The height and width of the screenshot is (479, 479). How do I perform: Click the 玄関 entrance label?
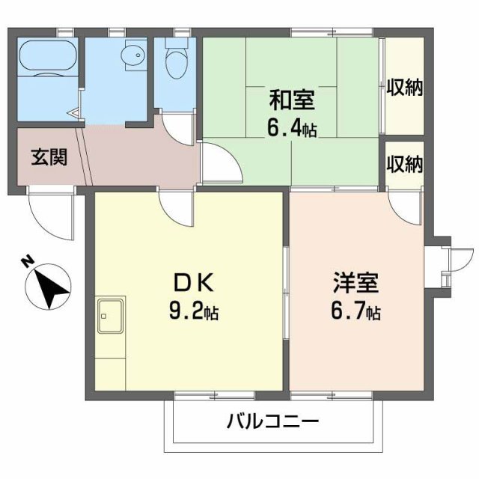pos(49,158)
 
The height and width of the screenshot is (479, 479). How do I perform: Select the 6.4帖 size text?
pos(291,128)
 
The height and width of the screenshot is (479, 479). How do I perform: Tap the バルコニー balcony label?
pos(273,421)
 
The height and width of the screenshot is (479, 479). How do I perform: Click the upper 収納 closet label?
pos(404,88)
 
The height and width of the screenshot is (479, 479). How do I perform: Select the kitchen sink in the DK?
pos(111,314)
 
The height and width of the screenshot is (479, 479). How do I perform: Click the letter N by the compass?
pos(27,262)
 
